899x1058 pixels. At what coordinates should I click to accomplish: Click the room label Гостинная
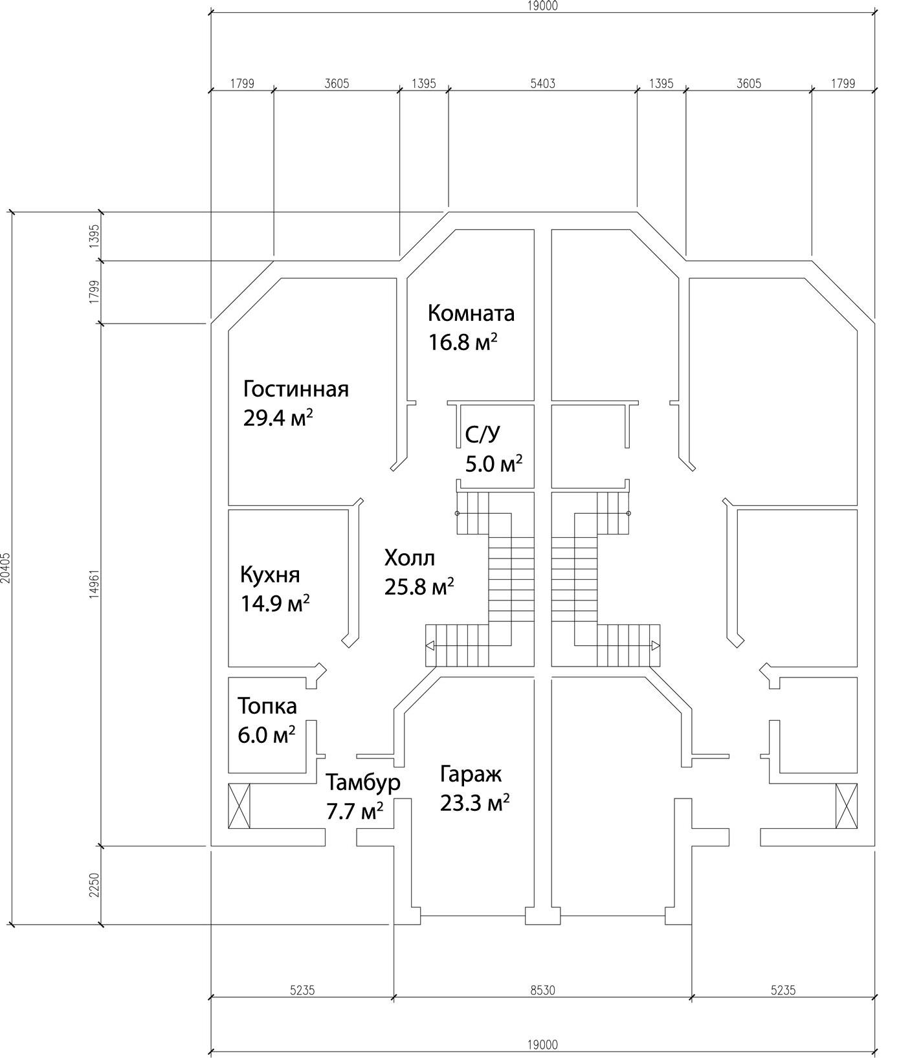pyautogui.click(x=296, y=390)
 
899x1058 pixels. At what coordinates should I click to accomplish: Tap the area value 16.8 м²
pyautogui.click(x=463, y=342)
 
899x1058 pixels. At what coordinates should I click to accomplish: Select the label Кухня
pyautogui.click(x=270, y=575)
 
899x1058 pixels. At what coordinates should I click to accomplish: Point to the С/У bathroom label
pyautogui.click(x=482, y=435)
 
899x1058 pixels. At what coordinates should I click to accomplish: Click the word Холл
pyautogui.click(x=410, y=558)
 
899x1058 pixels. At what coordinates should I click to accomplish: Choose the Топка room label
pyautogui.click(x=267, y=705)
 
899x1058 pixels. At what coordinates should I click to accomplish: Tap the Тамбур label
pyautogui.click(x=363, y=783)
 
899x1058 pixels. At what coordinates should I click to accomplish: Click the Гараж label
pyautogui.click(x=471, y=774)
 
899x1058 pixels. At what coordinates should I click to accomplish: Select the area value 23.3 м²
pyautogui.click(x=474, y=803)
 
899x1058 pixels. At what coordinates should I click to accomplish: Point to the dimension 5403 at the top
pyautogui.click(x=542, y=83)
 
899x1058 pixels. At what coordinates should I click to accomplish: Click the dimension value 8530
pyautogui.click(x=542, y=990)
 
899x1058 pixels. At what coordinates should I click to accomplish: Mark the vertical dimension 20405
pyautogui.click(x=6, y=568)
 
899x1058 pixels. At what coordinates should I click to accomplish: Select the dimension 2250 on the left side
pyautogui.click(x=94, y=885)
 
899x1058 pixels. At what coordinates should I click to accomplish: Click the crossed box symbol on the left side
pyautogui.click(x=239, y=806)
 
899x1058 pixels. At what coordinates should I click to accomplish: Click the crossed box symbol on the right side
pyautogui.click(x=846, y=806)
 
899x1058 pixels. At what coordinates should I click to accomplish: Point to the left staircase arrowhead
pyautogui.click(x=430, y=645)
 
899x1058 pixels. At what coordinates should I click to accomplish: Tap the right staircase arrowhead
pyautogui.click(x=656, y=645)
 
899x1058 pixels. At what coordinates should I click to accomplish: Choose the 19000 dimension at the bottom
pyautogui.click(x=542, y=1044)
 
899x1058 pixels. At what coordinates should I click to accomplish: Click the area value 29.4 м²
pyautogui.click(x=278, y=418)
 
